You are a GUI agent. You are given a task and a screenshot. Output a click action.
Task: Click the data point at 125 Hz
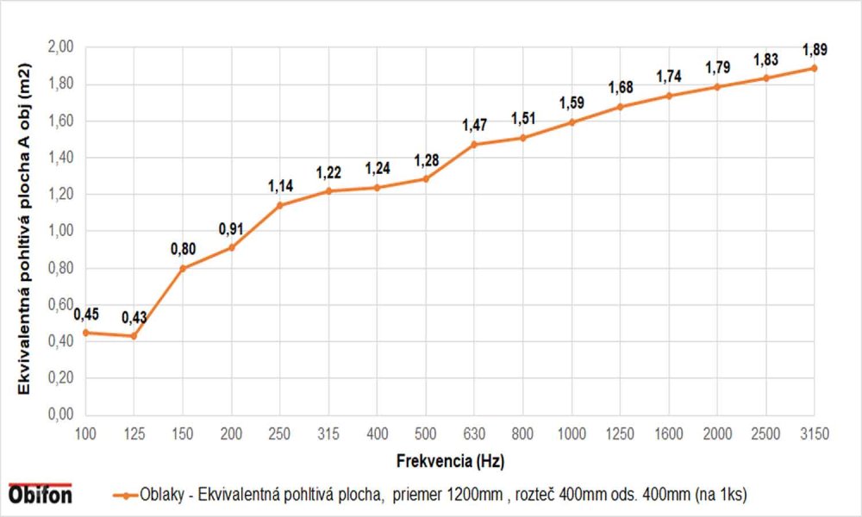click(134, 335)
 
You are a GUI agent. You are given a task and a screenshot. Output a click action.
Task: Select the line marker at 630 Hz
click(474, 144)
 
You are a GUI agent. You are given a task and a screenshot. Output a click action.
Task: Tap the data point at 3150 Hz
click(814, 67)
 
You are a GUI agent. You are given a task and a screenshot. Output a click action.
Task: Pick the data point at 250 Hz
click(279, 205)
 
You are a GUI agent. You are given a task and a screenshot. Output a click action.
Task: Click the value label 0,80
click(183, 250)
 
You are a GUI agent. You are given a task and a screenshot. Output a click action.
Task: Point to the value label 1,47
click(474, 126)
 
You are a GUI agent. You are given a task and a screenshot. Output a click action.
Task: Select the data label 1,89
click(815, 49)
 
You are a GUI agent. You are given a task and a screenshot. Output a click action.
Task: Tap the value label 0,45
click(86, 314)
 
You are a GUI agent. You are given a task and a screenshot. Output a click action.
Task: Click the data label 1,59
click(572, 103)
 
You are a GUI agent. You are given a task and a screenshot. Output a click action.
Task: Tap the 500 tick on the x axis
click(425, 434)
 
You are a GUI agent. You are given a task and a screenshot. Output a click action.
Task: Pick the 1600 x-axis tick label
click(668, 434)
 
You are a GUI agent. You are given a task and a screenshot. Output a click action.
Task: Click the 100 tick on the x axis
click(85, 434)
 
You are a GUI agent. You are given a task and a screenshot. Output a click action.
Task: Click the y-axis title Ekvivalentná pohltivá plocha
click(25, 230)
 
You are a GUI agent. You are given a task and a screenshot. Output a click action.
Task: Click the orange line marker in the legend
click(124, 495)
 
